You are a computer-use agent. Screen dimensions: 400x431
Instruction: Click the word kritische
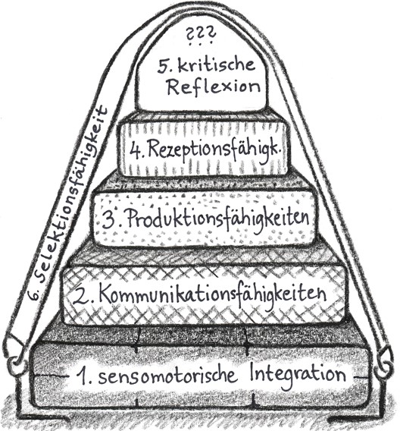coord(217,64)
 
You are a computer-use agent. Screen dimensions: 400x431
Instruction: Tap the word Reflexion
coord(214,87)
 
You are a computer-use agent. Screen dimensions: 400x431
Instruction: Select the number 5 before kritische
coord(164,66)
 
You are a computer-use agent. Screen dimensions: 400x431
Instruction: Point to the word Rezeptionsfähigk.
coord(216,150)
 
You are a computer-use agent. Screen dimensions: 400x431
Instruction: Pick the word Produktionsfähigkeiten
coord(219,219)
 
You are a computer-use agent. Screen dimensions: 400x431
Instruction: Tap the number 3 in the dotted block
coord(109,219)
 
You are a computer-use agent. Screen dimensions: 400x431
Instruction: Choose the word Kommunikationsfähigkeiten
coord(212,294)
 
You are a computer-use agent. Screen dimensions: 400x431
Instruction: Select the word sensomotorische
coord(168,376)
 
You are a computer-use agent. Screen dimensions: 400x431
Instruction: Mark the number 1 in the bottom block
coord(83,376)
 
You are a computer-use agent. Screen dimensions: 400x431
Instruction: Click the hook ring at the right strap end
coord(383,363)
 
